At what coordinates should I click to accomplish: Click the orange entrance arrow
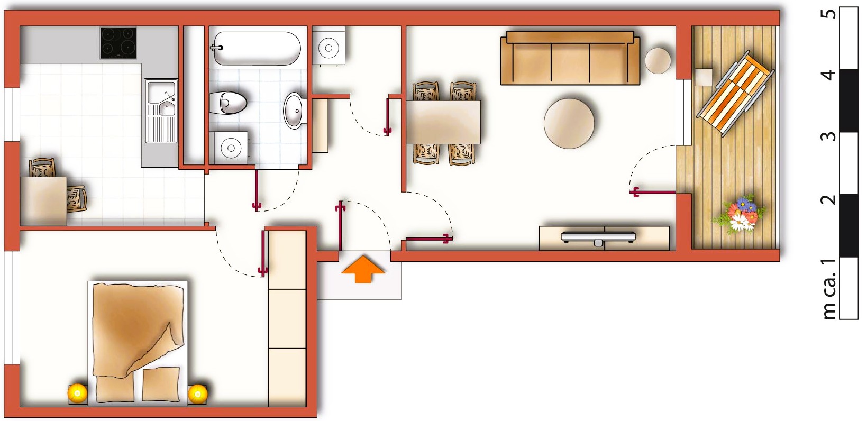pyautogui.click(x=362, y=269)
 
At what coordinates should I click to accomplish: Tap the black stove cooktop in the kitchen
pyautogui.click(x=118, y=43)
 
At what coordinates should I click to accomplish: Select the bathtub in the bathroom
pyautogui.click(x=257, y=48)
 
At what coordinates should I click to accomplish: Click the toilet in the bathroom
pyautogui.click(x=229, y=103)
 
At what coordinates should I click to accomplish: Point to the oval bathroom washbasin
pyautogui.click(x=293, y=111)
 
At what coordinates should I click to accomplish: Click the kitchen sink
pyautogui.click(x=161, y=101)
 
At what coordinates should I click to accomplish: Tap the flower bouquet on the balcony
pyautogui.click(x=741, y=214)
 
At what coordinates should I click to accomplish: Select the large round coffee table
pyautogui.click(x=569, y=123)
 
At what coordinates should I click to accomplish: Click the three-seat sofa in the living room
pyautogui.click(x=570, y=60)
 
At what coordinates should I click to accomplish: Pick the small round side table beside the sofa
pyautogui.click(x=658, y=60)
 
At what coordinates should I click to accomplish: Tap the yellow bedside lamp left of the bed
pyautogui.click(x=77, y=392)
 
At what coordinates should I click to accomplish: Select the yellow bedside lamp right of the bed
pyautogui.click(x=198, y=393)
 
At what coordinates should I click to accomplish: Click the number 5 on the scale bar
pyautogui.click(x=829, y=13)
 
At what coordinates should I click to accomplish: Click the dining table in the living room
pyautogui.click(x=444, y=122)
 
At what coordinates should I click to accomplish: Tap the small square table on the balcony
pyautogui.click(x=704, y=77)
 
